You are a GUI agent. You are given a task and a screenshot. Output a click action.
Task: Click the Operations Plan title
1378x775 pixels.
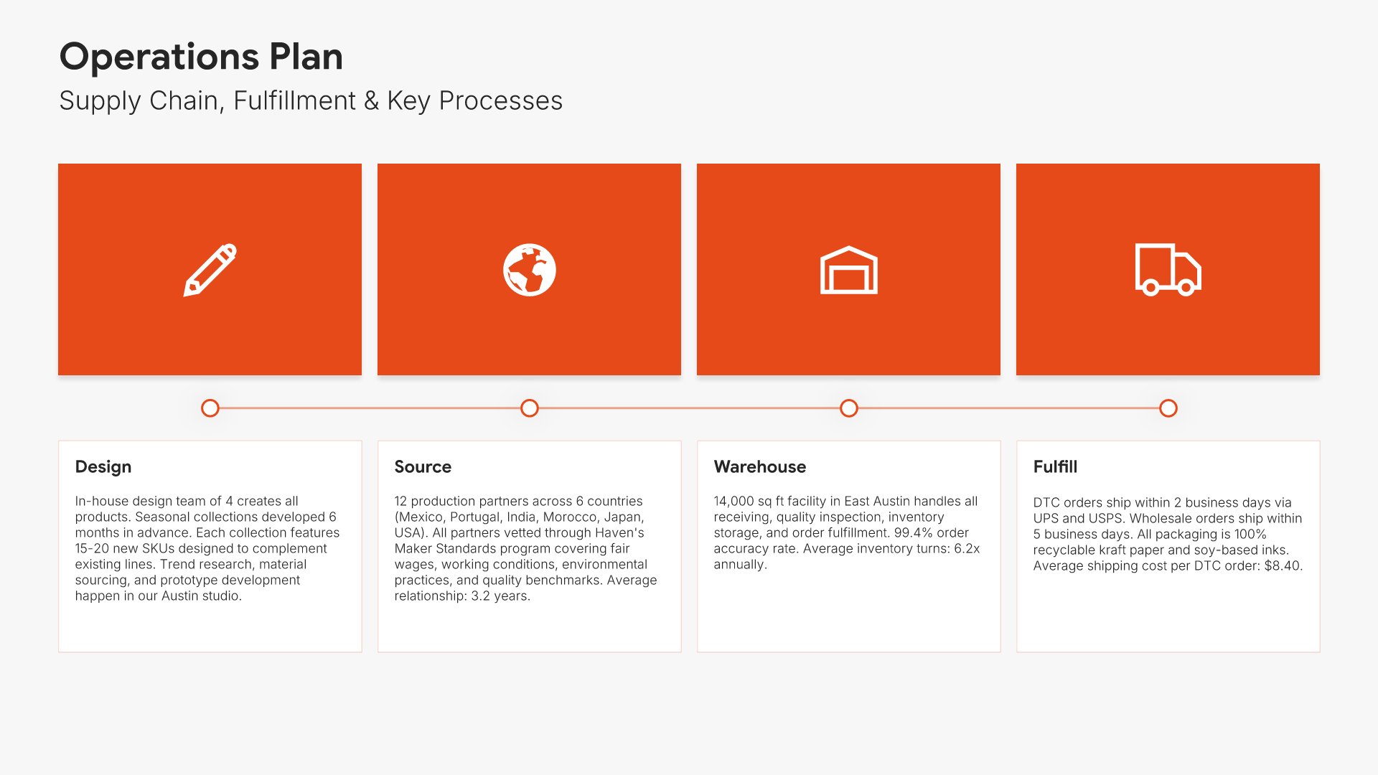point(201,57)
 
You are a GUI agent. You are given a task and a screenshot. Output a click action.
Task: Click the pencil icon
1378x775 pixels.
point(210,270)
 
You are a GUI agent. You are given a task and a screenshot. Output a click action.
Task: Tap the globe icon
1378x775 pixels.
point(530,270)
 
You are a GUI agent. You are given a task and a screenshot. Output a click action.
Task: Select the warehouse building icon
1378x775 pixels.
point(849,270)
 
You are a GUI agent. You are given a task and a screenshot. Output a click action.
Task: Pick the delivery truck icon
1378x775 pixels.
point(1168,269)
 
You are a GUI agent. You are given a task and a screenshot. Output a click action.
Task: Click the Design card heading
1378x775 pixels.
point(103,467)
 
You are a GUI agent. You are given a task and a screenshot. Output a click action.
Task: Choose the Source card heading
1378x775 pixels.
point(423,467)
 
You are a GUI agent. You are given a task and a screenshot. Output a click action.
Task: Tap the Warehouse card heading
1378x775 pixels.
point(760,467)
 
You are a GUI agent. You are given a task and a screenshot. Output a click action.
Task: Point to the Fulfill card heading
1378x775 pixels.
point(1055,467)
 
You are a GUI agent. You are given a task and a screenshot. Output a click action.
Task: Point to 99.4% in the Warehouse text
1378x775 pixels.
point(913,532)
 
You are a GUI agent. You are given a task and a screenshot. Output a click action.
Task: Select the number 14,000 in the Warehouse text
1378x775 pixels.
point(733,502)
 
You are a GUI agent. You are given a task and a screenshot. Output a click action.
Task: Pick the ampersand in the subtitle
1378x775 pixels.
point(371,101)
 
